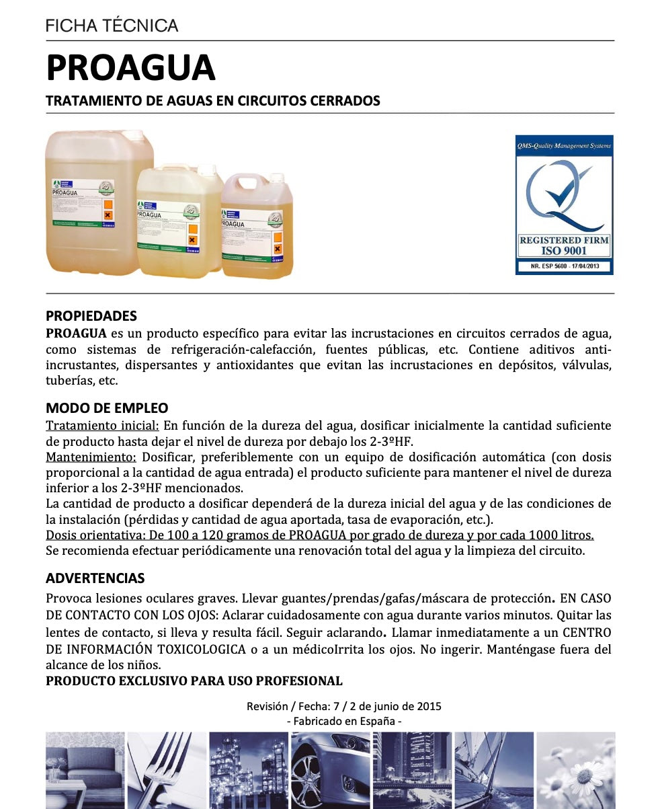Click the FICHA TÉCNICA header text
click(112, 26)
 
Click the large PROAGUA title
click(130, 68)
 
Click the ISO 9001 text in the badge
click(564, 251)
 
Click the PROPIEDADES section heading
click(91, 316)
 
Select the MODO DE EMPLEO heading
click(107, 408)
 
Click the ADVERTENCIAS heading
click(95, 578)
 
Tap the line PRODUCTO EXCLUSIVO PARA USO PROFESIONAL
click(194, 681)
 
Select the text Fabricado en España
click(344, 721)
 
